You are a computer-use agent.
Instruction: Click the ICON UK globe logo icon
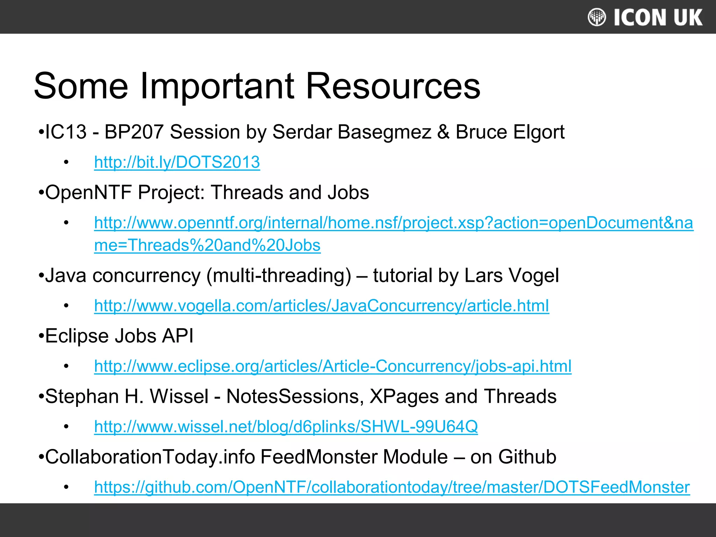pyautogui.click(x=596, y=17)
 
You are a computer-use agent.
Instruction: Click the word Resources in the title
pyautogui.click(x=393, y=86)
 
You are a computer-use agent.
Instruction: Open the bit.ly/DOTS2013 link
pyautogui.click(x=177, y=162)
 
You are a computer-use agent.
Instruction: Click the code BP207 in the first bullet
pyautogui.click(x=134, y=132)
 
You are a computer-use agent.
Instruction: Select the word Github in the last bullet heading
pyautogui.click(x=527, y=457)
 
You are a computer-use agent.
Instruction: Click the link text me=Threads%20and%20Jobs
pyautogui.click(x=207, y=245)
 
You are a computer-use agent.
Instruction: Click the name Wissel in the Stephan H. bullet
pyautogui.click(x=179, y=396)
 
